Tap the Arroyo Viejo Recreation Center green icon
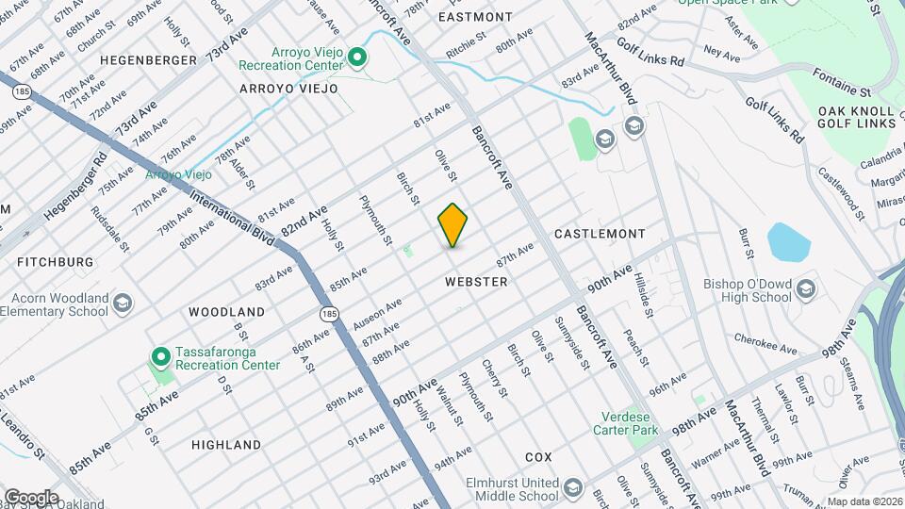coord(357,58)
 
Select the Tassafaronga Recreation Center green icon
coord(160,357)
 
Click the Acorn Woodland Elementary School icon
coord(123,304)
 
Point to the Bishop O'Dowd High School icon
coord(806,289)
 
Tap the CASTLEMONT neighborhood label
coord(600,233)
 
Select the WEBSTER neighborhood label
coord(476,282)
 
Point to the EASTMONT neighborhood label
coord(475,17)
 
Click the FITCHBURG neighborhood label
coord(54,261)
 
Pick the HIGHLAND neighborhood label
coord(226,444)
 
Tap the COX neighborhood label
coord(538,456)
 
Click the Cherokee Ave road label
coord(765,346)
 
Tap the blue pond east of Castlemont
coord(788,242)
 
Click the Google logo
coord(31,497)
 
